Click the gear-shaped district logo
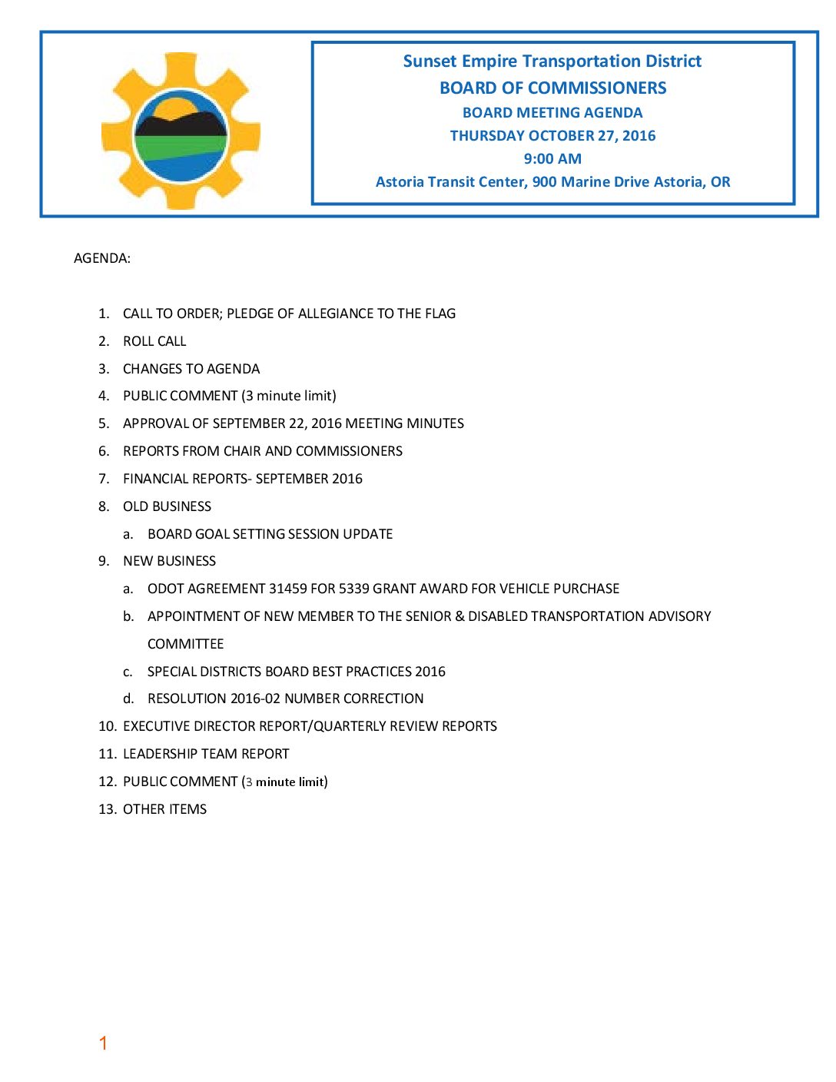pos(181,131)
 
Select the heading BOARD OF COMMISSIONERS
pos(552,88)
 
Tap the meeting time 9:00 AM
pos(552,159)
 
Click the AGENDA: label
pos(102,258)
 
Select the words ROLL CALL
pos(154,341)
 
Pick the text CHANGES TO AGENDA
pos(191,369)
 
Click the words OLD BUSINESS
pos(167,506)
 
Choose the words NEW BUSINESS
pos(169,561)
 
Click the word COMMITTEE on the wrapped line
pos(185,644)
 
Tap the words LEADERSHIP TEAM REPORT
pos(206,754)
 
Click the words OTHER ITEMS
pos(164,809)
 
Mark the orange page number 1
pos(103,1043)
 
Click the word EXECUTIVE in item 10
pos(157,726)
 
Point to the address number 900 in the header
pos(544,182)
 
